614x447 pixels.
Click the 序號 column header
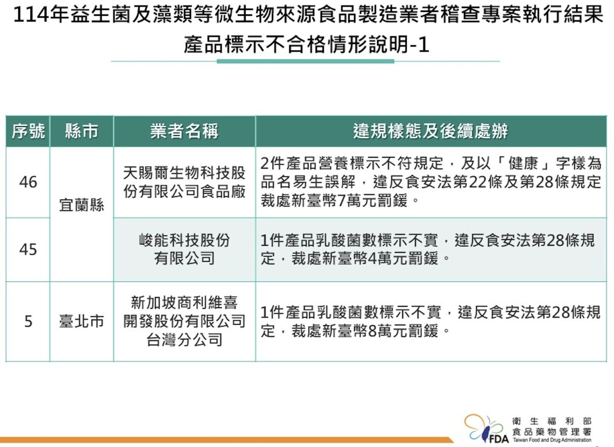[28, 131]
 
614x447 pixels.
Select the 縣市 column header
[81, 131]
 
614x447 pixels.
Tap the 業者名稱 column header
[184, 131]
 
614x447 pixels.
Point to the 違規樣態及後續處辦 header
[430, 131]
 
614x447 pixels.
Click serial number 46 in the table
[28, 182]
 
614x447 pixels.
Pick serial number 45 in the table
[28, 250]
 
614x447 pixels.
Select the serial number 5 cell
[28, 321]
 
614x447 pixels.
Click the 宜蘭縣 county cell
[81, 205]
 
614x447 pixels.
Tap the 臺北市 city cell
[81, 321]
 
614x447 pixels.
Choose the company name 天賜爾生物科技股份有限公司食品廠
[184, 182]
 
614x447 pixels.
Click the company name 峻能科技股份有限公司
[184, 249]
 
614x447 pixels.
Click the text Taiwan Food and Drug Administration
[552, 440]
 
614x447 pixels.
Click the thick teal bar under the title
[305, 61]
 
